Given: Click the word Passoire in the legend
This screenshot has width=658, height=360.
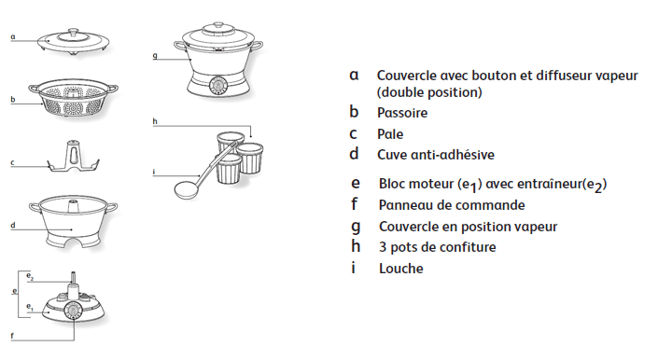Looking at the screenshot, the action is pyautogui.click(x=402, y=113).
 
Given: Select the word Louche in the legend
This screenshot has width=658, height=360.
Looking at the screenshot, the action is pyautogui.click(x=400, y=269).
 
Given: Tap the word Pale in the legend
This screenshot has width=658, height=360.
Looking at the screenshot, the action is pyautogui.click(x=390, y=134).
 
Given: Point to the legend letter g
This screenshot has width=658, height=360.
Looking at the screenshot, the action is pyautogui.click(x=356, y=227).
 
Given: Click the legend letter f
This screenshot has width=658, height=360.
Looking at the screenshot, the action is pyautogui.click(x=354, y=204).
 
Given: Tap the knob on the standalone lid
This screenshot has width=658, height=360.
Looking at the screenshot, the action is pyautogui.click(x=74, y=33).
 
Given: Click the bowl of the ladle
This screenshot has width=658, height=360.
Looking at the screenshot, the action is pyautogui.click(x=188, y=190).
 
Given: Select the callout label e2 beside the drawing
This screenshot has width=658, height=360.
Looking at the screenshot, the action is pyautogui.click(x=30, y=276).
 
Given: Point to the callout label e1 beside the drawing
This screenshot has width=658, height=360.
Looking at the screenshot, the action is pyautogui.click(x=29, y=307).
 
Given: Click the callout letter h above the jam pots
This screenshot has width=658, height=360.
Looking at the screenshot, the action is pyautogui.click(x=155, y=121).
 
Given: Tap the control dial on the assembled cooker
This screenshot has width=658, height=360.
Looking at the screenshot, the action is pyautogui.click(x=217, y=86).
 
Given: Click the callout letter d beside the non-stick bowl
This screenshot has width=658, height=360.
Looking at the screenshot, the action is pyautogui.click(x=13, y=226).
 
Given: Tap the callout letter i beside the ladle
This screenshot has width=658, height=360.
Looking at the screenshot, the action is pyautogui.click(x=154, y=172).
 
